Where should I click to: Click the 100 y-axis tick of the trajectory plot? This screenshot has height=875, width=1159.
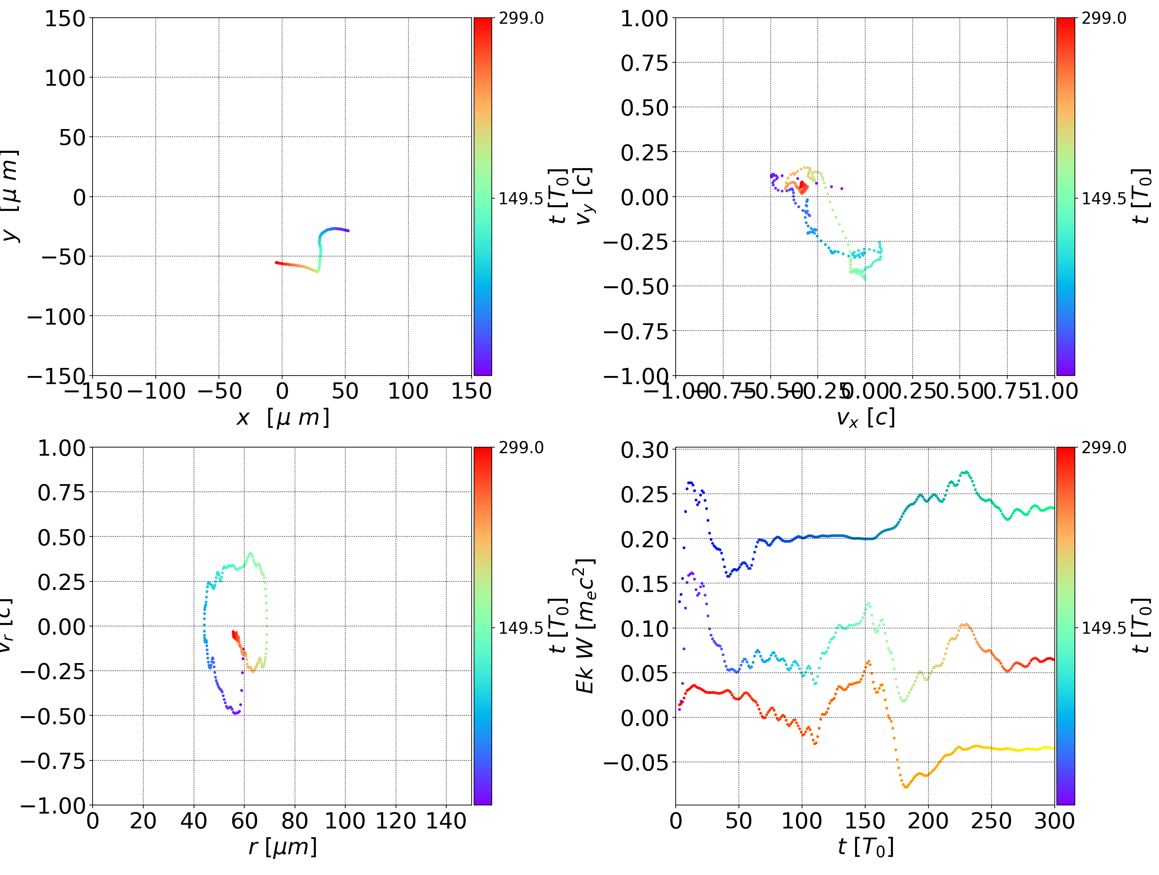(x=64, y=78)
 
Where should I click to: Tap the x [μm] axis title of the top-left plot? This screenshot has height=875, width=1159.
(x=283, y=417)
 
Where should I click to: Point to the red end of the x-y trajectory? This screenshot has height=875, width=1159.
(x=276, y=262)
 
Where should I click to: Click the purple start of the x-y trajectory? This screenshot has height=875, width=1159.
(x=348, y=230)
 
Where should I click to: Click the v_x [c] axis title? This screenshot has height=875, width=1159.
(x=866, y=417)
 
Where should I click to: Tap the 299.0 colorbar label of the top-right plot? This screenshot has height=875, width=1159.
(x=1103, y=18)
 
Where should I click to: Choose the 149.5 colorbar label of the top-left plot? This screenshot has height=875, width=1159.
(x=520, y=199)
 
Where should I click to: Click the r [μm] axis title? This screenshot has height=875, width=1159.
(x=283, y=847)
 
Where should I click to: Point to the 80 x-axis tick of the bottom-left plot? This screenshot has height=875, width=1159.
(x=295, y=821)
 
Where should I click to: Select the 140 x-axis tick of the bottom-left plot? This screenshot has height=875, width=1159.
(x=446, y=821)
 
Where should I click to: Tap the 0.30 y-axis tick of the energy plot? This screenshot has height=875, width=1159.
(x=644, y=450)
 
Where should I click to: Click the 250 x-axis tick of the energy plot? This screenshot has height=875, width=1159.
(x=991, y=821)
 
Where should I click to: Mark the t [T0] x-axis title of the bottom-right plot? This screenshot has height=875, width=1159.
(x=866, y=847)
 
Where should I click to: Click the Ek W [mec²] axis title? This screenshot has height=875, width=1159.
(x=585, y=626)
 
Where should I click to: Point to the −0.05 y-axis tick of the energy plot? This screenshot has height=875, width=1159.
(x=635, y=762)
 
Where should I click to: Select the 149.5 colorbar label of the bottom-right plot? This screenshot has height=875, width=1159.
(x=1103, y=627)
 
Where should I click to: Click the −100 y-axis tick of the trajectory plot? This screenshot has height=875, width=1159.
(x=56, y=317)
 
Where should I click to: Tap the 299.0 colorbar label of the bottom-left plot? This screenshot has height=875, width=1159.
(x=520, y=448)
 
